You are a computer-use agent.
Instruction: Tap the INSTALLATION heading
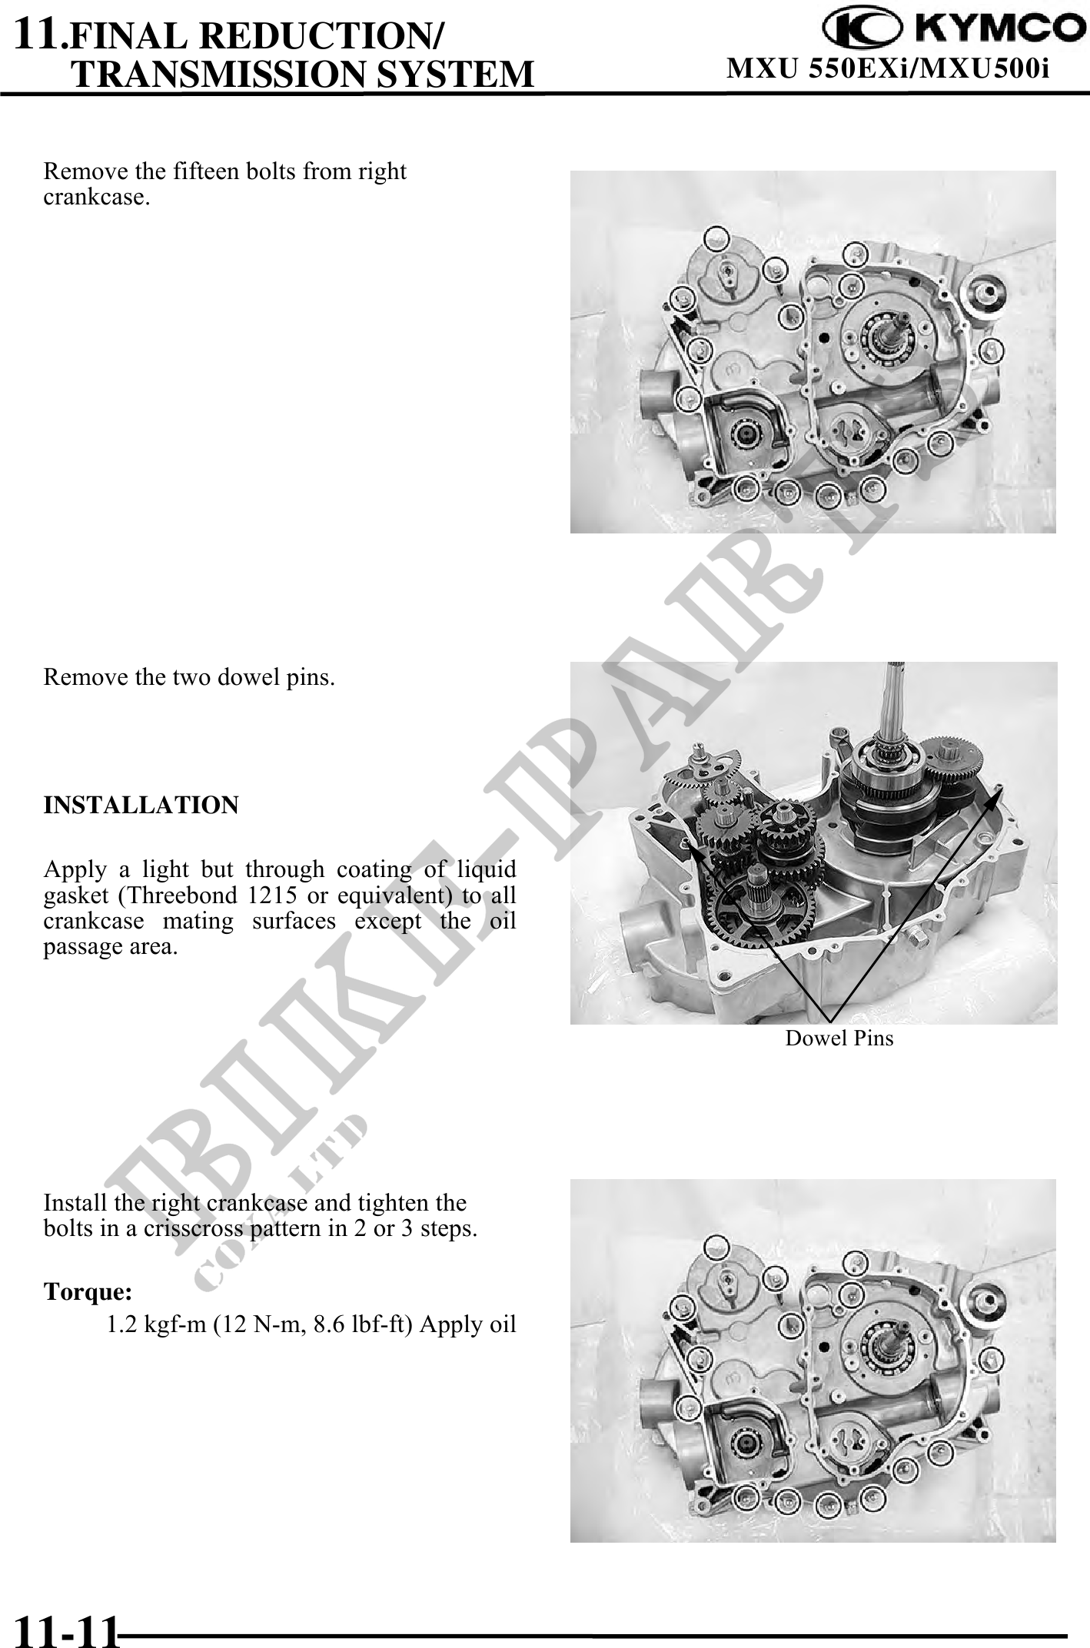point(141,806)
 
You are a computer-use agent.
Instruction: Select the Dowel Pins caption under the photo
point(839,1038)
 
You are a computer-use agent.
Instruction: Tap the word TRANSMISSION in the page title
point(217,74)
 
